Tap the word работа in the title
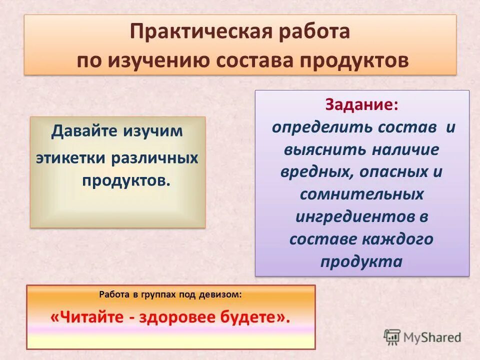tap(311, 32)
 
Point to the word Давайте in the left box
tap(84, 132)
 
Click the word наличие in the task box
tap(405, 149)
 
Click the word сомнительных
tap(362, 194)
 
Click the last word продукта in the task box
tap(361, 261)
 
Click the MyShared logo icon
tap(391, 336)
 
